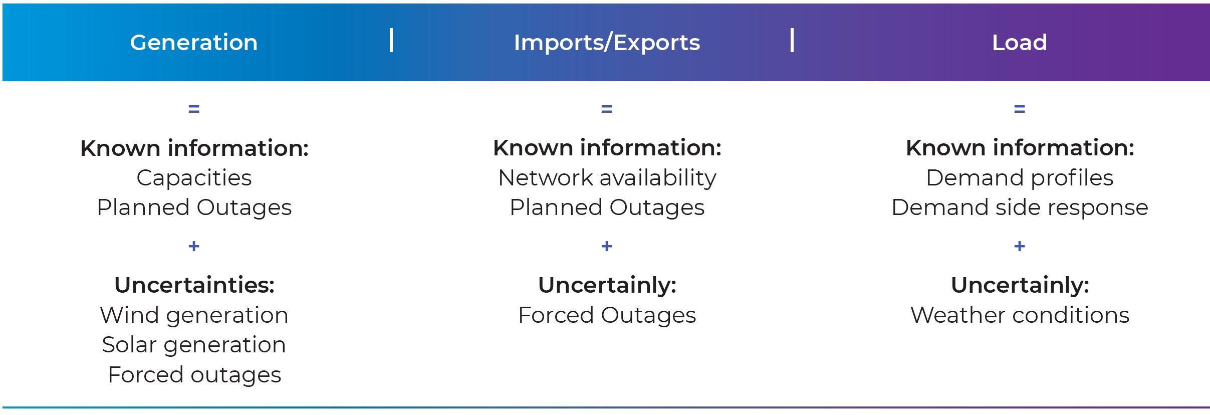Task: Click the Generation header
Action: tap(194, 43)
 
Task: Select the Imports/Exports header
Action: tap(607, 43)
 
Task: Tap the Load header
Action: tap(1020, 43)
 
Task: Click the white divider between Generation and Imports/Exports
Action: tap(391, 41)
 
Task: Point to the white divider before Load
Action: tap(792, 41)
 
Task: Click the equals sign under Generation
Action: tap(194, 109)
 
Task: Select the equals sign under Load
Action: tap(1020, 109)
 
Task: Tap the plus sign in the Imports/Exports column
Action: tap(607, 246)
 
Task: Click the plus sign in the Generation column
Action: tap(194, 246)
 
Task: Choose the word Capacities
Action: tap(194, 178)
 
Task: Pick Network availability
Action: tap(607, 178)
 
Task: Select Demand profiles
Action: tap(1020, 178)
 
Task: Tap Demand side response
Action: tap(1020, 207)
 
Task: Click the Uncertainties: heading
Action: tap(194, 285)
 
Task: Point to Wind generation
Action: tap(194, 316)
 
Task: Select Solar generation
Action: tap(194, 345)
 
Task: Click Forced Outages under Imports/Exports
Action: tap(607, 316)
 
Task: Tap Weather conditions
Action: tap(1020, 316)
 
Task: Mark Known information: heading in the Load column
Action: tap(1020, 148)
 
